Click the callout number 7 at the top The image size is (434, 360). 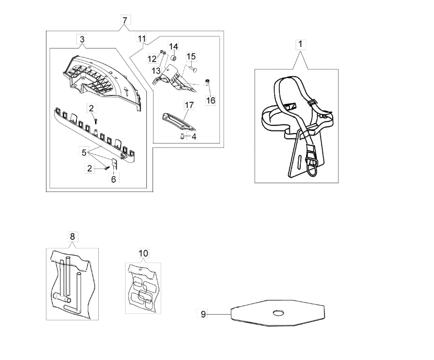(x=125, y=20)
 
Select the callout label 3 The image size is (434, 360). (x=82, y=39)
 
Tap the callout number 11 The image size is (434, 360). (x=142, y=38)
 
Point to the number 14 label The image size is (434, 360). (x=173, y=46)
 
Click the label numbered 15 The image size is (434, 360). (x=191, y=57)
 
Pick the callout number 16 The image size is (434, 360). (x=210, y=100)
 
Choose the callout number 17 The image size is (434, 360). (x=189, y=105)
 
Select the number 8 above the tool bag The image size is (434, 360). (x=73, y=237)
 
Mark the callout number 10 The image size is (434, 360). (x=144, y=253)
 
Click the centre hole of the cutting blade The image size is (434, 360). (x=278, y=313)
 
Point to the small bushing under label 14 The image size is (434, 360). (x=174, y=58)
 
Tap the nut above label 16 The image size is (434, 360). (x=207, y=81)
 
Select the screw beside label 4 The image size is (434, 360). (x=182, y=136)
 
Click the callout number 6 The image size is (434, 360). (x=113, y=179)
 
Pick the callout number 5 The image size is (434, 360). (x=84, y=152)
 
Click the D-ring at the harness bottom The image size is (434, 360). (x=312, y=166)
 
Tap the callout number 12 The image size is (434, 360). (x=152, y=59)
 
